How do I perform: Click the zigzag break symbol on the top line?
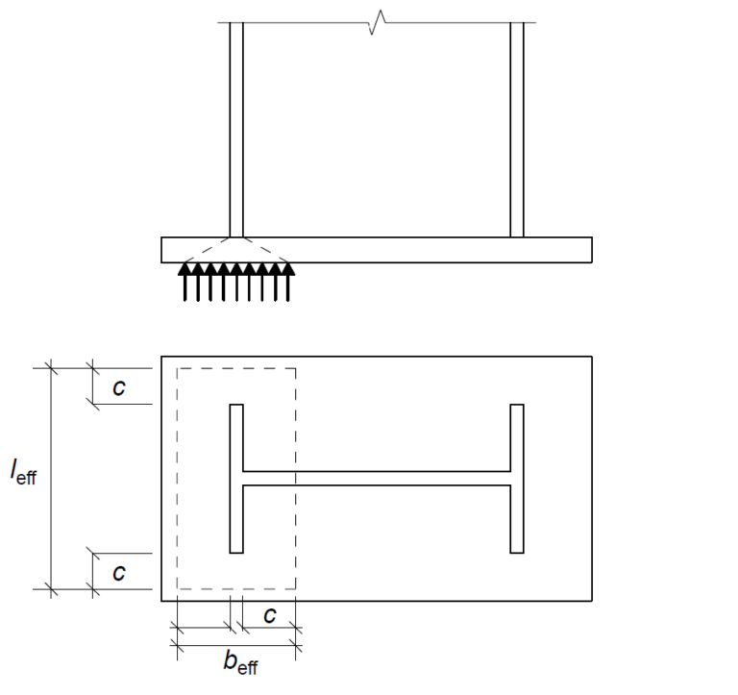coord(377,22)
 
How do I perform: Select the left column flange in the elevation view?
coord(236,130)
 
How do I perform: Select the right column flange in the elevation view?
coord(517,130)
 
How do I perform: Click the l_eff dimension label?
coord(24,474)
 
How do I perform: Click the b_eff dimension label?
coord(240,662)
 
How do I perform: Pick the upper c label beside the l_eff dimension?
coord(119,386)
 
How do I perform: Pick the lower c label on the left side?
coord(119,573)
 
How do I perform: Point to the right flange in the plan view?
coord(517,479)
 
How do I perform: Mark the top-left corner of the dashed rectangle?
coord(178,368)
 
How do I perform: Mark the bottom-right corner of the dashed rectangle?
coord(295,589)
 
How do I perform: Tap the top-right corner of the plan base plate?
coord(591,357)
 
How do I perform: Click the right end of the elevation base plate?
coord(591,250)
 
